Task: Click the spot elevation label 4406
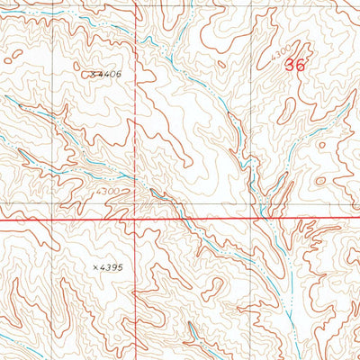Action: click(x=110, y=74)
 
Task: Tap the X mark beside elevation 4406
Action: click(x=94, y=74)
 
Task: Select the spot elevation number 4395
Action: click(x=112, y=267)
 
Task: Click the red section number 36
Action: click(x=293, y=65)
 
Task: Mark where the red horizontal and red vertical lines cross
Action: click(x=137, y=219)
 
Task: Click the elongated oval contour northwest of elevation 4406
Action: click(x=13, y=57)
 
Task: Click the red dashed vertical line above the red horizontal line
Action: click(x=137, y=108)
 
